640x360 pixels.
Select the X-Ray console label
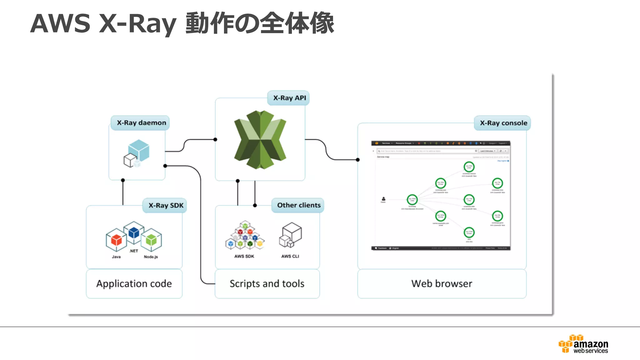coord(503,123)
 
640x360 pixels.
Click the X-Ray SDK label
coord(165,206)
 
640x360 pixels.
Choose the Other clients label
coord(298,205)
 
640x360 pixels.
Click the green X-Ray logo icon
coord(260,140)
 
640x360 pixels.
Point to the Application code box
coord(134,284)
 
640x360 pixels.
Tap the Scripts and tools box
coord(267,284)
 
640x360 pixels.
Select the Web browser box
coord(442,284)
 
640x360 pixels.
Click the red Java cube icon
coord(116,240)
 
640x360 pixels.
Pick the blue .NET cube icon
coord(134,233)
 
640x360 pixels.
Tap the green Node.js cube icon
coord(151,240)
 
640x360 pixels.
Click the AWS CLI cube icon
coord(290,235)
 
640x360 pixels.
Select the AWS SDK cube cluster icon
coord(245,236)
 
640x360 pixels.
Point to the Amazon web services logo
coord(583,344)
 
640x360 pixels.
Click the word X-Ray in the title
coord(137,23)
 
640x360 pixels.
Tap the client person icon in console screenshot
coord(383,199)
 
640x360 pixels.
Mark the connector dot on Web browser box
coord(358,160)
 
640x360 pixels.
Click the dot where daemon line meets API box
coord(215,140)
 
